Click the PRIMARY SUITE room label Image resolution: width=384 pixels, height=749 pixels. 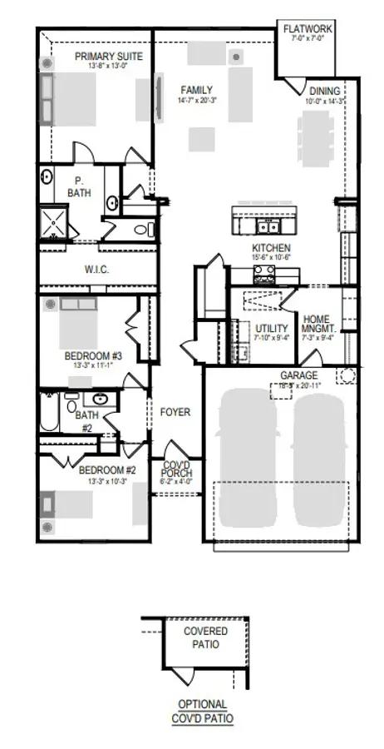[x=109, y=57]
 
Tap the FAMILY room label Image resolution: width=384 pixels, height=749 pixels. [x=197, y=90]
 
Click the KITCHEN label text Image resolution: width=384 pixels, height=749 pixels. [x=272, y=248]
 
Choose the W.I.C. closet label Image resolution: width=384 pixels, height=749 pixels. [x=97, y=270]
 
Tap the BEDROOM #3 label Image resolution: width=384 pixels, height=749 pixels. [x=93, y=356]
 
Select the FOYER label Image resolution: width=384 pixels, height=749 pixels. [x=175, y=412]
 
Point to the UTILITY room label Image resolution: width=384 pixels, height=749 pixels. [x=272, y=329]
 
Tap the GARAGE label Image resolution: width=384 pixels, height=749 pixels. [x=298, y=375]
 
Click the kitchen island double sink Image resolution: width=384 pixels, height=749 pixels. [x=267, y=226]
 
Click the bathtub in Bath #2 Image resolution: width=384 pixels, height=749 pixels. [x=47, y=414]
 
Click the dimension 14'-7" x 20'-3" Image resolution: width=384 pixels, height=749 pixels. [x=197, y=101]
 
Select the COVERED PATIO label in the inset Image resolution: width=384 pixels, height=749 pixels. [x=205, y=637]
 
